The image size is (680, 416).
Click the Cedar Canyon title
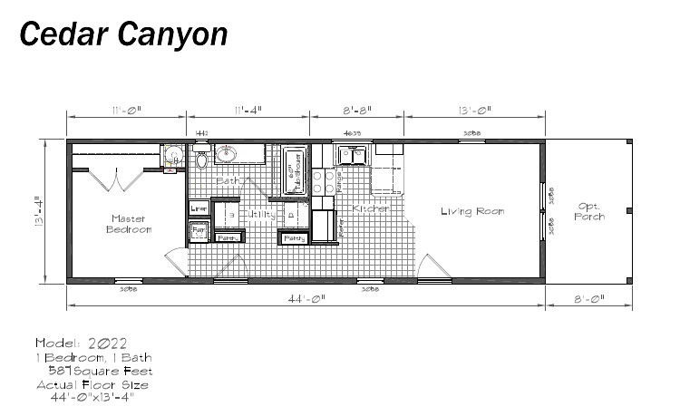click(122, 34)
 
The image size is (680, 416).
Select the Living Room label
click(471, 212)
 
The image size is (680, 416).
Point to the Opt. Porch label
click(589, 212)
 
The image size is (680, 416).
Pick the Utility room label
click(261, 215)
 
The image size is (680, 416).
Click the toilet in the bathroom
click(201, 160)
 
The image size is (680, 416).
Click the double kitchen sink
click(352, 157)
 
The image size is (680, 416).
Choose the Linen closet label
click(199, 208)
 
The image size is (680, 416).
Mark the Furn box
click(199, 231)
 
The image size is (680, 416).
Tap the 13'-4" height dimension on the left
click(37, 213)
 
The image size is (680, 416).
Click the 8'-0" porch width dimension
click(588, 297)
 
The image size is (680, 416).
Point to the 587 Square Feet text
click(100, 371)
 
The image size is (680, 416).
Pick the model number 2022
click(108, 343)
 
